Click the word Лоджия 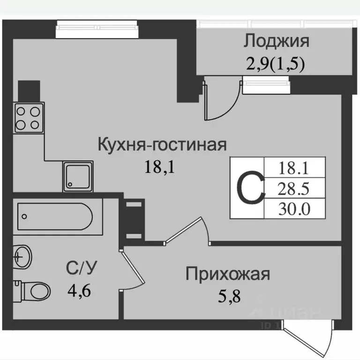276,41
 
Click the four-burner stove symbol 29,117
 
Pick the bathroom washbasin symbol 22,257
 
